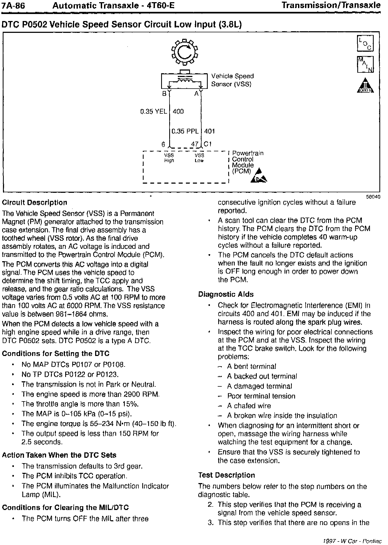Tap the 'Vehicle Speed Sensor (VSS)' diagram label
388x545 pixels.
(x=232, y=80)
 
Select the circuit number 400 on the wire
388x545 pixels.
(x=178, y=111)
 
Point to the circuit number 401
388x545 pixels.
(x=209, y=131)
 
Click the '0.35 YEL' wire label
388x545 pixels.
(x=154, y=111)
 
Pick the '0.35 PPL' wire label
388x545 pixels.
(x=185, y=131)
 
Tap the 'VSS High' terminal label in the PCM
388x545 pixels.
(x=169, y=158)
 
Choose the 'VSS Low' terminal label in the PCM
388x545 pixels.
(x=199, y=158)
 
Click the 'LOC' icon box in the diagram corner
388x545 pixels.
(x=365, y=43)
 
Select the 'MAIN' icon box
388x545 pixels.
(x=365, y=64)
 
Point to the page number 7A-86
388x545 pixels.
(x=13, y=5)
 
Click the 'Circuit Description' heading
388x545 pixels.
(x=34, y=202)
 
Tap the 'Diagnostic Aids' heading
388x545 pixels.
(x=226, y=294)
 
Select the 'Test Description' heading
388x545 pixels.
(x=226, y=475)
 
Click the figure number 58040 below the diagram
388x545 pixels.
(x=373, y=197)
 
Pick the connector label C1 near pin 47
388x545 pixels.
(x=208, y=144)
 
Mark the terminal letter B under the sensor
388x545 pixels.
(x=164, y=94)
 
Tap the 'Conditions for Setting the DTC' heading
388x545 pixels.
(x=56, y=354)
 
